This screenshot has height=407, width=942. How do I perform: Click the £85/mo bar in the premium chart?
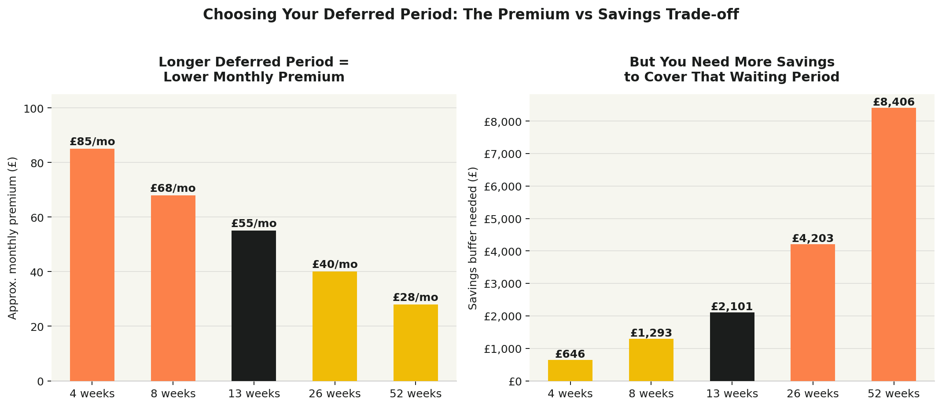[x=92, y=264]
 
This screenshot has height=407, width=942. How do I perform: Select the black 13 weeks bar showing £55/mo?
[x=254, y=305]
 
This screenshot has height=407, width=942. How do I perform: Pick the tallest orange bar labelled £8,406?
[x=894, y=244]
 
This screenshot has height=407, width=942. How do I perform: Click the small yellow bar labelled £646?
[x=570, y=370]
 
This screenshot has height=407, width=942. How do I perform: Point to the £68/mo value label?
[x=173, y=188]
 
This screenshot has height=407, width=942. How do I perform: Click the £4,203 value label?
[x=813, y=238]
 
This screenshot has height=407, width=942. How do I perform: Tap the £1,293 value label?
[x=651, y=333]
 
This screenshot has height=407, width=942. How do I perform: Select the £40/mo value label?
[x=335, y=264]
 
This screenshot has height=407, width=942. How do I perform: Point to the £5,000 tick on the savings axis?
[x=502, y=219]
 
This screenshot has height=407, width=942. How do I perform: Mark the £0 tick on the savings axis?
[x=515, y=381]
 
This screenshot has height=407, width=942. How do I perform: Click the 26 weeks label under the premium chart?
[x=335, y=394]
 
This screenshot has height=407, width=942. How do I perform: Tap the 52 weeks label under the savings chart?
[x=894, y=394]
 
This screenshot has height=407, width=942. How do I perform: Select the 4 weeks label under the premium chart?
[x=92, y=394]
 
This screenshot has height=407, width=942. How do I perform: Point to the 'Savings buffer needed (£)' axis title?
[x=473, y=238]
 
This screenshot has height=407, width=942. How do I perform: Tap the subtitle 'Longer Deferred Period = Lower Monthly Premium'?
[x=254, y=70]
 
